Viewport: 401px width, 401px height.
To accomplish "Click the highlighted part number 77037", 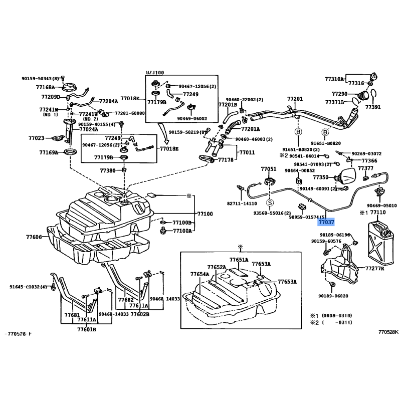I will point(326,221).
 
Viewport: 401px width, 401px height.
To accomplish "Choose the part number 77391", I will point(373,107).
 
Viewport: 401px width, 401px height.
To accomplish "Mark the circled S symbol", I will point(270,203).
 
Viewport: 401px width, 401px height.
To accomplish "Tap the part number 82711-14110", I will point(242,204).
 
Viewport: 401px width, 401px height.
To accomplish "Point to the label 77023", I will point(37,138).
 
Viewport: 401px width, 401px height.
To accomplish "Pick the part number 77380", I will point(108,170).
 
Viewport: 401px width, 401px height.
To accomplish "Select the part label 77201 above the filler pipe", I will point(295,99).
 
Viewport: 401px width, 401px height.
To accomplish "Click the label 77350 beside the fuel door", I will point(321,177).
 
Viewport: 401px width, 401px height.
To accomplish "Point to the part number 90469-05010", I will point(381,206).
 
